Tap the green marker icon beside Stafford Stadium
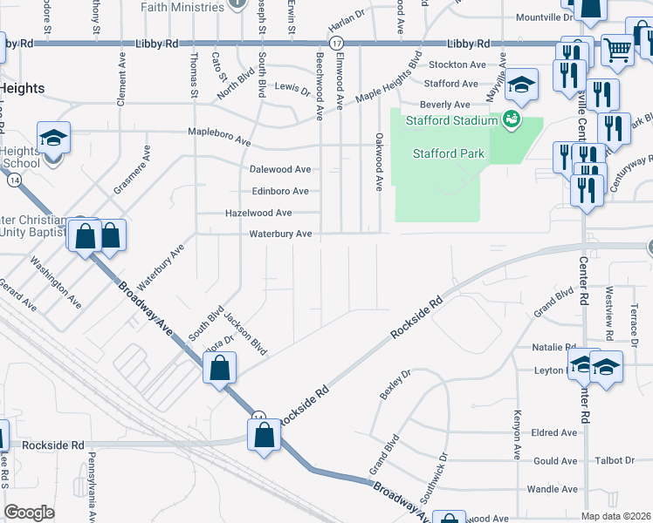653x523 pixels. (512, 119)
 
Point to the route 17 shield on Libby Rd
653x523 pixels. (335, 43)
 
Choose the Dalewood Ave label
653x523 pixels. (280, 169)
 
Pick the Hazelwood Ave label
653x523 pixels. (258, 213)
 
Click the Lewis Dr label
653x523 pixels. (292, 88)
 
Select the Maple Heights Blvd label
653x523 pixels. (385, 83)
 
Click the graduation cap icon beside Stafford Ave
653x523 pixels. (521, 84)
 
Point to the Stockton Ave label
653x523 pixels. (455, 65)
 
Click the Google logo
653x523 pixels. (30, 512)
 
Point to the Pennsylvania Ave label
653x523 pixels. (90, 484)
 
